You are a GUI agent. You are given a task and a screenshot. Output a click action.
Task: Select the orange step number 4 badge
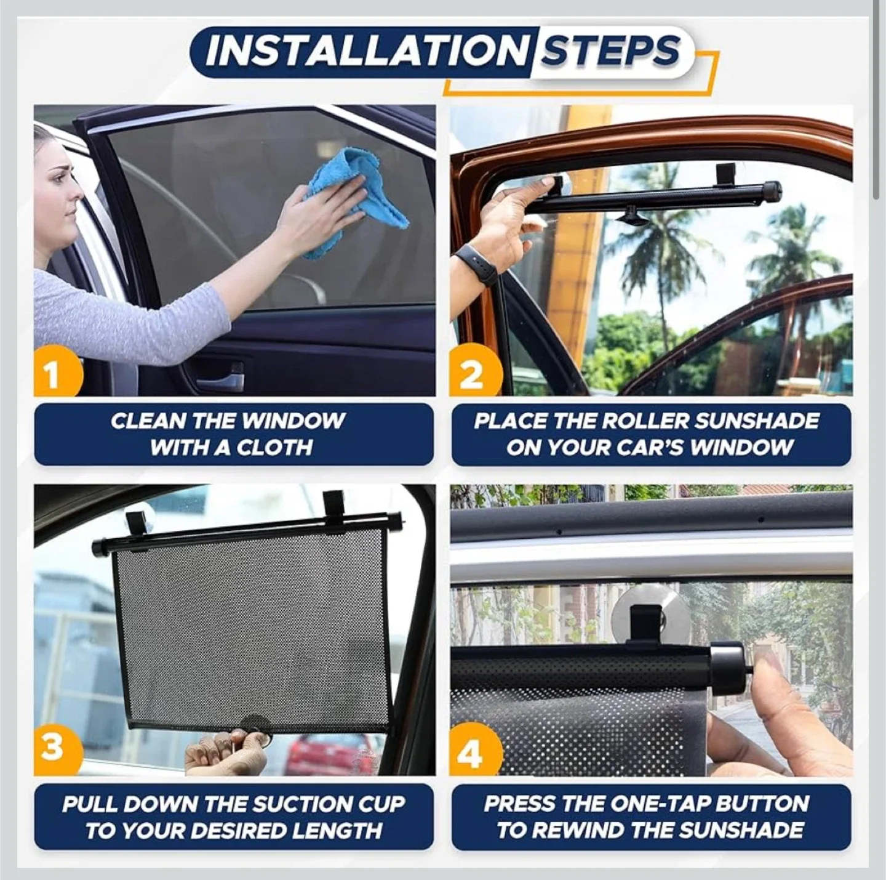pos(471,753)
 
